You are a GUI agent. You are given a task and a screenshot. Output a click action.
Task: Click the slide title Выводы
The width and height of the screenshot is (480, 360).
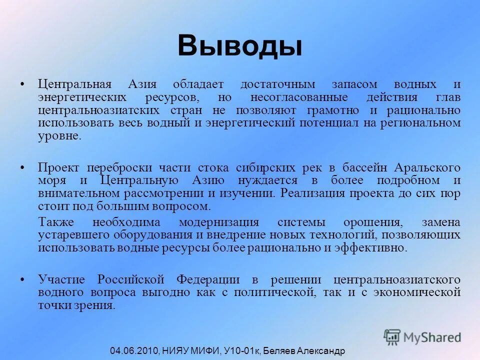pyautogui.click(x=239, y=46)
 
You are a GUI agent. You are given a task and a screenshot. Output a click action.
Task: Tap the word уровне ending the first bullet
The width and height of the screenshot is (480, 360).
pyautogui.click(x=59, y=136)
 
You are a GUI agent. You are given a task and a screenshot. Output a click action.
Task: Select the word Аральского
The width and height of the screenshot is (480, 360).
pyautogui.click(x=427, y=167)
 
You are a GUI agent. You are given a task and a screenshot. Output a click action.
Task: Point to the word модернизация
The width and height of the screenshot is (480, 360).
pyautogui.click(x=219, y=222)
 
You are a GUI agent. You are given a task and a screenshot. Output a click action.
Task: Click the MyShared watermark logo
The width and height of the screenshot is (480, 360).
pyautogui.click(x=422, y=336)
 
